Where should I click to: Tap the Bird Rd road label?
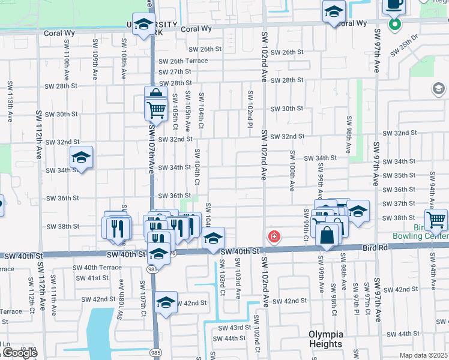(x=373, y=247)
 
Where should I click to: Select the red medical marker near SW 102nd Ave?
(x=274, y=236)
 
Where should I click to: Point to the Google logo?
(x=19, y=353)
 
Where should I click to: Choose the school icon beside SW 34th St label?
(x=81, y=158)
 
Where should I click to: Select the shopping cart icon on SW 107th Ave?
(x=156, y=109)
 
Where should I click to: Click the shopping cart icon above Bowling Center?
(x=436, y=219)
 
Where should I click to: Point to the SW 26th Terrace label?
(x=183, y=61)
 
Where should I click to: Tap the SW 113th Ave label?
(x=10, y=102)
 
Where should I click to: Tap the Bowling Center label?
(x=420, y=236)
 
